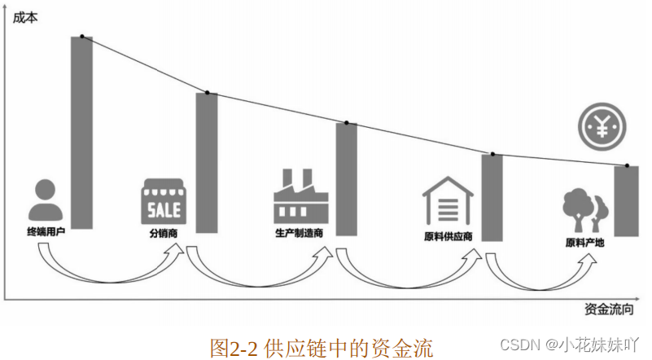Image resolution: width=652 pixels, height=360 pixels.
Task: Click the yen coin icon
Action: (603, 126)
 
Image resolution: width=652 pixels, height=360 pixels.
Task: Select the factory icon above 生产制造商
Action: (300, 196)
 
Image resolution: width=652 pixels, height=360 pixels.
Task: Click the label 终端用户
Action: (46, 232)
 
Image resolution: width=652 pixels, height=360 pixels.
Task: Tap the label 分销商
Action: (164, 233)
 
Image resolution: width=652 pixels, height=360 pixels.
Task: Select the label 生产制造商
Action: (300, 233)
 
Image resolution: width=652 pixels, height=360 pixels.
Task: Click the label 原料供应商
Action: (449, 237)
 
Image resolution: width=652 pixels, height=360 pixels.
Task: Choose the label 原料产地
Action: (584, 242)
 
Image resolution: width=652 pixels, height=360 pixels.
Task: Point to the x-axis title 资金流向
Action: (608, 310)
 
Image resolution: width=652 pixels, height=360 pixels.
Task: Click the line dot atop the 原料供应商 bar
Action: (492, 154)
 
